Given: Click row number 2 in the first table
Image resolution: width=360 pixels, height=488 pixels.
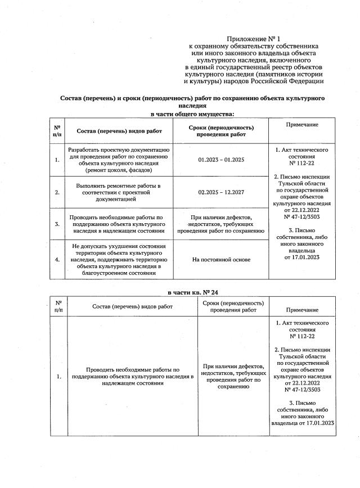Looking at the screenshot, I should [x=57, y=192].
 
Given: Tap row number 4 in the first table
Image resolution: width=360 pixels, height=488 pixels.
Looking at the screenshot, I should [x=57, y=260].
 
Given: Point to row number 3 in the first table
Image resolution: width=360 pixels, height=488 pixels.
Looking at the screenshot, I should [x=57, y=224].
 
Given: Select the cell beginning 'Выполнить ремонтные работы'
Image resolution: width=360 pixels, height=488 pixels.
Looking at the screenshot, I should [x=119, y=192].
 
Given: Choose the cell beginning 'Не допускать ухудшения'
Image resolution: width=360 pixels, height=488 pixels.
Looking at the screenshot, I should [x=119, y=260].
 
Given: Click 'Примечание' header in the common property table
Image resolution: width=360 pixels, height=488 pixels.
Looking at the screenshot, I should [x=301, y=125].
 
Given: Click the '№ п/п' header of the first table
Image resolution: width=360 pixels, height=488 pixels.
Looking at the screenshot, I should [x=57, y=131].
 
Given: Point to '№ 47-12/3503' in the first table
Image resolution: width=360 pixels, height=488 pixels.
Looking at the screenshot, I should [x=301, y=216].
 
